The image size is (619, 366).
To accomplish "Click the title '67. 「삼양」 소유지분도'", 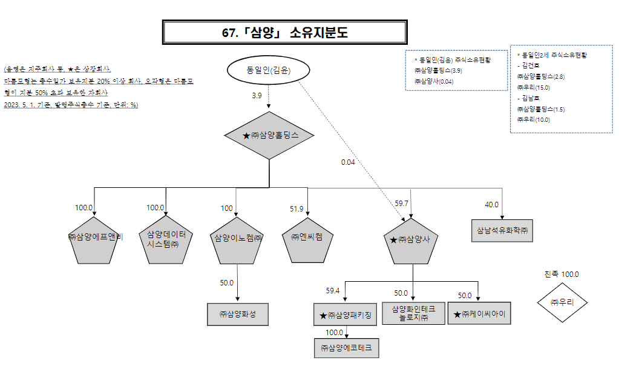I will tap(284, 33).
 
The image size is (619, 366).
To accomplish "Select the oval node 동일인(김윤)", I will tap(269, 71).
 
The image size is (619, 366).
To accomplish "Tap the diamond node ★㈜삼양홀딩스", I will tap(269, 136).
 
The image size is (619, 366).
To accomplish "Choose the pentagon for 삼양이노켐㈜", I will tap(237, 239).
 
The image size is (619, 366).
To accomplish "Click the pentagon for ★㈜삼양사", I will tap(411, 240).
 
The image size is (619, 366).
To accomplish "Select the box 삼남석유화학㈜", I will tap(502, 230).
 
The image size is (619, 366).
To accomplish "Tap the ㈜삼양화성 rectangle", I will tap(237, 314).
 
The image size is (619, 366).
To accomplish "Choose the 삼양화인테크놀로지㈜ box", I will tap(413, 313).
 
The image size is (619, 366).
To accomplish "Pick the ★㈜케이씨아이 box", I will tap(479, 314).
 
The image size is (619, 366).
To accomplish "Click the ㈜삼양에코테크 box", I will tap(346, 348).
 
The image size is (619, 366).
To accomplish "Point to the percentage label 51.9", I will tap(296, 209).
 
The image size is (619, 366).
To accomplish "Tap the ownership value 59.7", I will tap(402, 203).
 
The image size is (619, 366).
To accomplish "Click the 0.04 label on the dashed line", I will tap(348, 162).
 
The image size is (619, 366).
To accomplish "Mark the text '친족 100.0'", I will tap(562, 274).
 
